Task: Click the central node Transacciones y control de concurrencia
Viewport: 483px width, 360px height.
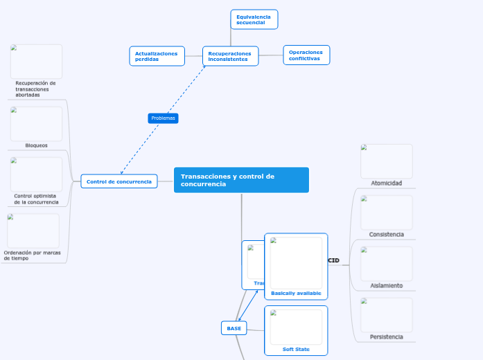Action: pos(240,180)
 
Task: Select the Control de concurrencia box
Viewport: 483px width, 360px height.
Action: pos(118,181)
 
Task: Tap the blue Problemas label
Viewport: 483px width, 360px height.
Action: pos(163,118)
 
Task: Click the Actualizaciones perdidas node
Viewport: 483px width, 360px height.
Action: pos(157,56)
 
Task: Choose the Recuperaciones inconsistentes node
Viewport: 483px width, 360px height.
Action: pos(230,56)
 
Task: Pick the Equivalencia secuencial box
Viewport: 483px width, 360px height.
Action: pos(254,19)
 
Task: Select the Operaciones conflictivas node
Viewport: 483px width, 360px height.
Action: pos(306,55)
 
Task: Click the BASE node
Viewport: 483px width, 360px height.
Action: pos(234,328)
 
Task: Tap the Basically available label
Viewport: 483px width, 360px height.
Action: pos(296,293)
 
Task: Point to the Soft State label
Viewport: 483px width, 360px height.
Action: pos(296,349)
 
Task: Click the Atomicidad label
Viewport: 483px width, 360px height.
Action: pos(386,183)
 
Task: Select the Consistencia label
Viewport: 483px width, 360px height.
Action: pos(386,234)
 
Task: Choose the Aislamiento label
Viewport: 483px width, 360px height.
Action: pos(386,285)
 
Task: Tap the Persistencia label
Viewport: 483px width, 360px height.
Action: pos(386,336)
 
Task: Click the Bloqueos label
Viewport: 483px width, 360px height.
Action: pos(36,145)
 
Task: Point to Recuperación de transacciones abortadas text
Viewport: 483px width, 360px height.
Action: pos(35,89)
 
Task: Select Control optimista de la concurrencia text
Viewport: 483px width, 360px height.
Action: pos(36,199)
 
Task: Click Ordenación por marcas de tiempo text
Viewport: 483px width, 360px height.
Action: pos(32,255)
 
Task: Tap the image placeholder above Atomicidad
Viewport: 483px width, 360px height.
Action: pos(386,161)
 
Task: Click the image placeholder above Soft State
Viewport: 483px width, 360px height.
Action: pos(296,326)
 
